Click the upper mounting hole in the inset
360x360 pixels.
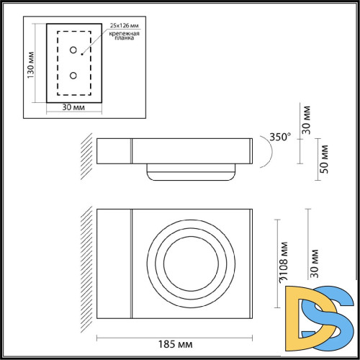(74, 50)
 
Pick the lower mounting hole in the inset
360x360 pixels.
(74, 75)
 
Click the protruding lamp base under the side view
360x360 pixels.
(192, 172)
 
